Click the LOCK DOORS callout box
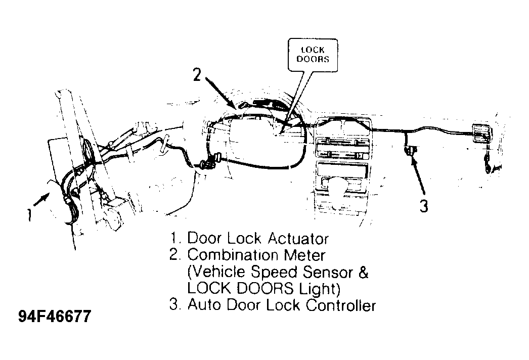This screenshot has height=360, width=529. [x=313, y=55]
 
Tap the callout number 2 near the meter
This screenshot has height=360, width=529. [x=197, y=74]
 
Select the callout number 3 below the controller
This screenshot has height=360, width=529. [x=424, y=206]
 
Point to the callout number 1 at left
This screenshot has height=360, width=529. [x=30, y=214]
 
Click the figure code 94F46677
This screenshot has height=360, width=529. [x=55, y=317]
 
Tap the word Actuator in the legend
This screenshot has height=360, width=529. [x=298, y=239]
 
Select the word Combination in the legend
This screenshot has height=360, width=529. [x=233, y=255]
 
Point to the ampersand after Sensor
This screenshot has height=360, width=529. [x=363, y=272]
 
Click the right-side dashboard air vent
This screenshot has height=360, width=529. [x=481, y=132]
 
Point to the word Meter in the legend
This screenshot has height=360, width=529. [x=304, y=255]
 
